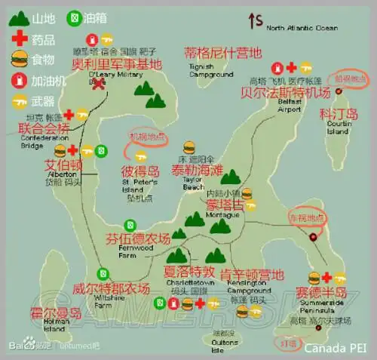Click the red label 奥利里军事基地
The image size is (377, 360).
click(116, 64)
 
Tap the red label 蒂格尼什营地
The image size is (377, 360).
click(222, 53)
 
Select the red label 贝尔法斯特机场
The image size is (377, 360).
click(296, 93)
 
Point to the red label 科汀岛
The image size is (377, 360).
click(339, 114)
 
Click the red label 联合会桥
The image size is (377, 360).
click(43, 128)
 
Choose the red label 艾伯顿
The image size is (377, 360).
click(63, 165)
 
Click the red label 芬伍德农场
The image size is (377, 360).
click(136, 241)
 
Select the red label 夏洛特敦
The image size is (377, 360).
click(189, 270)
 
